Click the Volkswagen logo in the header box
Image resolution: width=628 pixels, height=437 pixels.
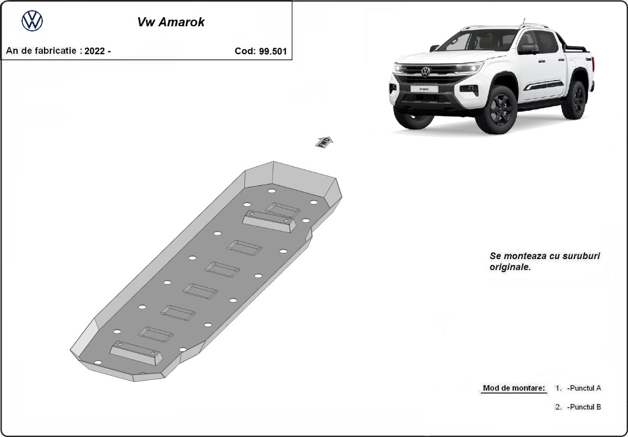(32, 21)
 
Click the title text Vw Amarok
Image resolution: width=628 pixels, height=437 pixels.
(171, 23)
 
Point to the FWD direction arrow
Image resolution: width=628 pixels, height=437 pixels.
(324, 142)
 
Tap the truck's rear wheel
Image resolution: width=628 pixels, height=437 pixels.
(577, 99)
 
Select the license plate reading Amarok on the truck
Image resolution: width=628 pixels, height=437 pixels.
(424, 89)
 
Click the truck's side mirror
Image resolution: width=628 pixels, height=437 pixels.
(528, 49)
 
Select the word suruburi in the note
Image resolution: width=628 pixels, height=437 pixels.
(580, 256)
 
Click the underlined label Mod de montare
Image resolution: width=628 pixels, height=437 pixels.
(514, 388)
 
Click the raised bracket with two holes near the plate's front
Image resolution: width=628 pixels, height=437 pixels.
(269, 222)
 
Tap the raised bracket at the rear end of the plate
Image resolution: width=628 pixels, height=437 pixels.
(136, 354)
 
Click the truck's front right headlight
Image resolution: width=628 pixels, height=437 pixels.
(469, 68)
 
